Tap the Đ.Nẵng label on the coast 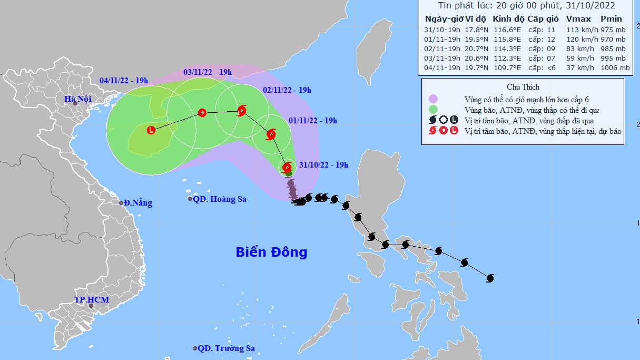[138, 203]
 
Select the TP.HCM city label [92, 300]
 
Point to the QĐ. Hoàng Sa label [220, 199]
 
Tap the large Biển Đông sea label [271, 252]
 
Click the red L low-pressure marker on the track [151, 130]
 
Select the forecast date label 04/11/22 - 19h [124, 81]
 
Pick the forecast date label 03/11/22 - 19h [208, 72]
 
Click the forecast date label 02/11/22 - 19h [287, 90]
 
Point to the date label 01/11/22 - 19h [313, 120]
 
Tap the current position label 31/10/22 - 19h [323, 165]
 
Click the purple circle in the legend [434, 99]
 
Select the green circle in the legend [434, 110]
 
